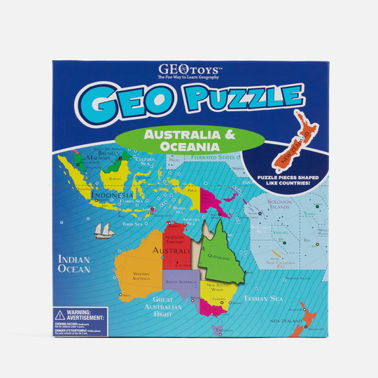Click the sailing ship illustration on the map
pos(104,230)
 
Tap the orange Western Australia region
pos(140,273)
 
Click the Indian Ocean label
pos(74,263)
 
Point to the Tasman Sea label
pos(262,299)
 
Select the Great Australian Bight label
pos(162,306)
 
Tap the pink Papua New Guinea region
pos(209,199)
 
